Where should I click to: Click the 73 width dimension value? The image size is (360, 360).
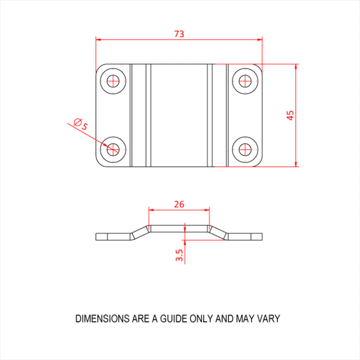coord(179,34)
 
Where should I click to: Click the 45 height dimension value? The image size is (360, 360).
coord(290,115)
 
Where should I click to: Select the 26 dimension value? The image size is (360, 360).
coord(179,204)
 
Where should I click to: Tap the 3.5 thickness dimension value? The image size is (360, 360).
coord(179,256)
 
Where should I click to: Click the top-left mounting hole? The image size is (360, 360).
coord(113,81)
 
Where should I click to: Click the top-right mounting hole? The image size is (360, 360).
coord(245,81)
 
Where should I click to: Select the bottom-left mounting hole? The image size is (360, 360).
coord(113,149)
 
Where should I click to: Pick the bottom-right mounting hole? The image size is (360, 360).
coord(245,149)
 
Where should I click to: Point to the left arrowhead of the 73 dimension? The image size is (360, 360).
coord(99,39)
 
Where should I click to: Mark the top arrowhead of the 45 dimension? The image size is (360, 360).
coord(296,67)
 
